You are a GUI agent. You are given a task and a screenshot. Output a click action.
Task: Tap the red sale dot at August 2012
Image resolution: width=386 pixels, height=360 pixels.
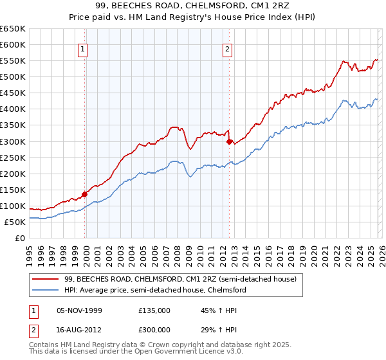point(229,141)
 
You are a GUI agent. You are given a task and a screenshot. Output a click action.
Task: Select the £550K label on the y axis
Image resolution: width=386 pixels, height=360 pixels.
point(14,61)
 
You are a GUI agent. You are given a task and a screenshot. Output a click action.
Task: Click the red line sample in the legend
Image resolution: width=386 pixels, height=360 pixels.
point(46,280)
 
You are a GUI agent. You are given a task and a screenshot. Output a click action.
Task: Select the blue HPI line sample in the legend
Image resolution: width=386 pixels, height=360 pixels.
point(46,291)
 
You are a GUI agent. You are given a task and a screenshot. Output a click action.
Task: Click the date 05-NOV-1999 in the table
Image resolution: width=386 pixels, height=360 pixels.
point(80,310)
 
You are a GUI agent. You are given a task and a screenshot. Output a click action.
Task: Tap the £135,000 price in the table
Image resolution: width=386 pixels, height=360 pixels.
point(154,310)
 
